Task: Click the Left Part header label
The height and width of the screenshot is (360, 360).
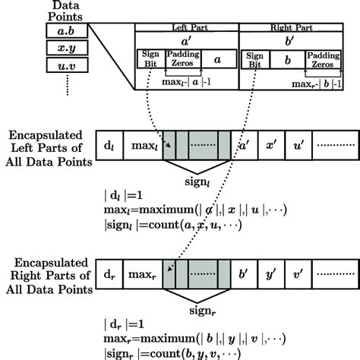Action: tap(186, 27)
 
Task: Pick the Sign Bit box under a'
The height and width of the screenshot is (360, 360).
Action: tap(150, 58)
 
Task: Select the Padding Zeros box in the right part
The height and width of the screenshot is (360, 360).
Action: tap(322, 58)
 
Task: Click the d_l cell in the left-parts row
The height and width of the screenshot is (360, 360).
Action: tap(108, 142)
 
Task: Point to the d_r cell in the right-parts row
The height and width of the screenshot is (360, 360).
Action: tap(108, 269)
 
